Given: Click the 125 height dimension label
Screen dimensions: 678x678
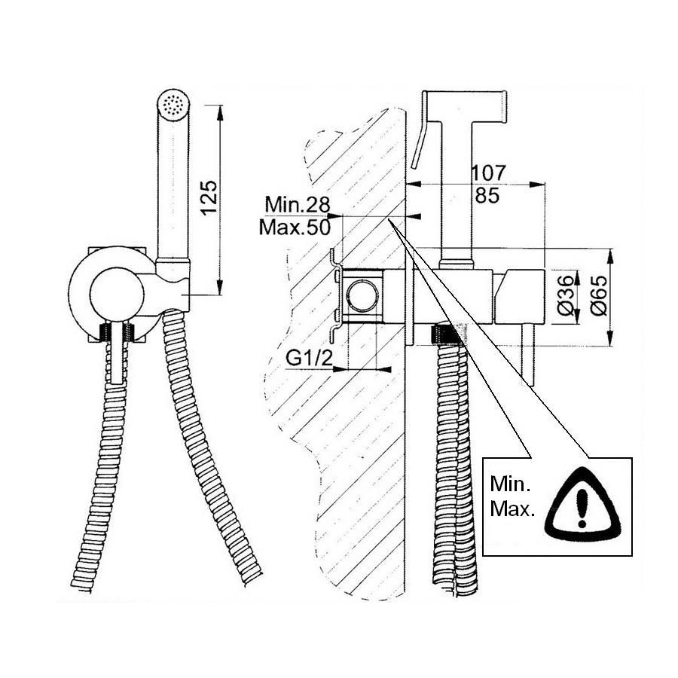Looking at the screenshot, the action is (x=209, y=197).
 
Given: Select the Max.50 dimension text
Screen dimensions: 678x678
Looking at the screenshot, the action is (x=295, y=228).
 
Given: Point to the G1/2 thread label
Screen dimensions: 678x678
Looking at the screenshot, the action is (x=309, y=359).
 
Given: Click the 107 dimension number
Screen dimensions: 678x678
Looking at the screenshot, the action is (x=488, y=173).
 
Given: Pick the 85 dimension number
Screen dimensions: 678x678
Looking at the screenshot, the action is (x=487, y=195).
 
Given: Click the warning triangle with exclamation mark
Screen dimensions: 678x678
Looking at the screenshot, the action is (x=583, y=505).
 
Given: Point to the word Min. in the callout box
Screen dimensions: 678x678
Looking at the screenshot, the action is (x=510, y=484).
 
